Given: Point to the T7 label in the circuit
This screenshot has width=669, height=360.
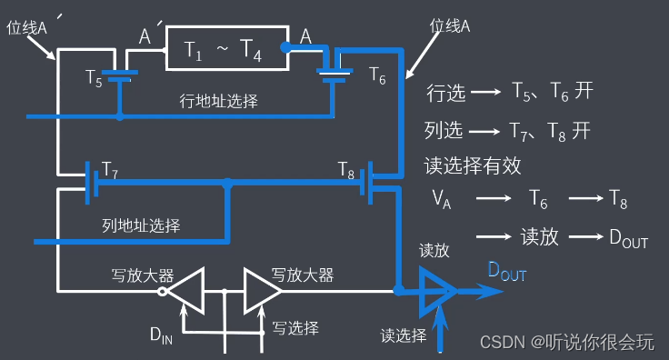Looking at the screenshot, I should pos(110,168).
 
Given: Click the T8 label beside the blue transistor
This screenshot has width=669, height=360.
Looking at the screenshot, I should pos(346,168).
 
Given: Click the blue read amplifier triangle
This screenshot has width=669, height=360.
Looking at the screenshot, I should pos(436,291).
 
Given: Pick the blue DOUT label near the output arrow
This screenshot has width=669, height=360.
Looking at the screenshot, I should pos(507,269).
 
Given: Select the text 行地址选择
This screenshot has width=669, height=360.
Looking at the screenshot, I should pos(218,100).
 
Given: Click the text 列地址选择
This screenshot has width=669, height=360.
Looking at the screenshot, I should pos(141,225).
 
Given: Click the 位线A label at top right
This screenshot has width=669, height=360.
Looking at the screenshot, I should pos(449,26).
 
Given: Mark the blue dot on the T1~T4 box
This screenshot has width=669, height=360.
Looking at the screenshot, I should pos(285,46).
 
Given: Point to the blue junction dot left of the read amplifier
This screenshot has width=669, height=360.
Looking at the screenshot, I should pos(399,291).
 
